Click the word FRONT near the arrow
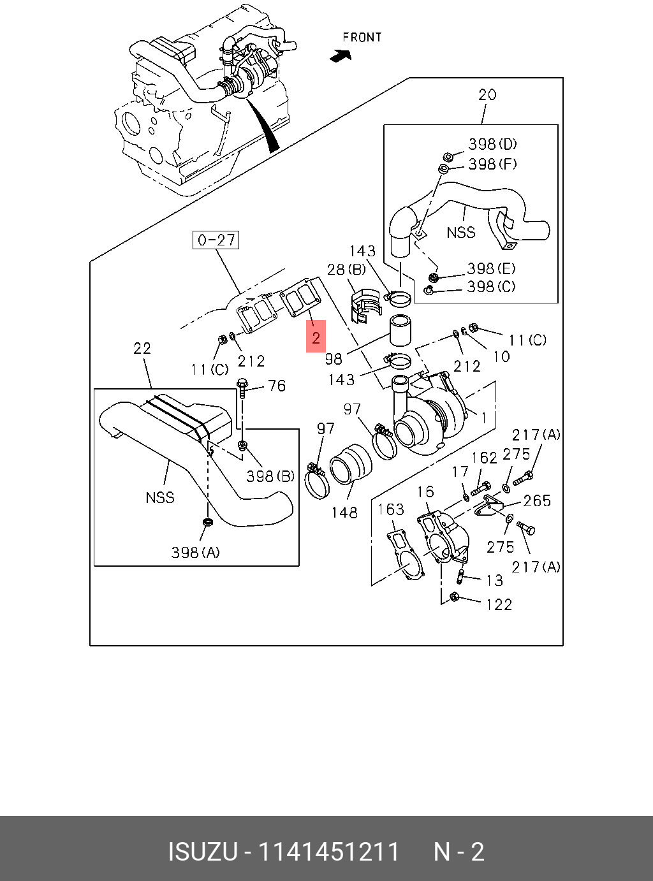click(362, 38)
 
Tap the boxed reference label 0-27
click(216, 240)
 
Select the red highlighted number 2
click(316, 337)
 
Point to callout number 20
click(487, 95)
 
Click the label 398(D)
click(492, 145)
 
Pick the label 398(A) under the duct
click(195, 552)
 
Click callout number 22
click(142, 348)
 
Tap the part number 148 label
click(344, 513)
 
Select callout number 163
click(390, 509)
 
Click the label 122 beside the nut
click(499, 604)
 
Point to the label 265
click(536, 501)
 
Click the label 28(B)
click(346, 270)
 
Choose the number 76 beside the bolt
click(276, 386)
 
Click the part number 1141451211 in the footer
click(328, 852)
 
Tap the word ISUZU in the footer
click(203, 852)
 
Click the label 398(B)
click(270, 476)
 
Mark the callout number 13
click(494, 580)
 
